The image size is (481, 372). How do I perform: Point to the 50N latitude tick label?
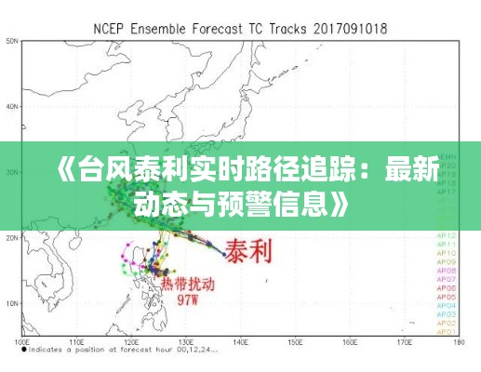[12, 41]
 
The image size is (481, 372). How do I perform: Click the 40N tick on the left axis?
[12, 106]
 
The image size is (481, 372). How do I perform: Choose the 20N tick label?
[12, 238]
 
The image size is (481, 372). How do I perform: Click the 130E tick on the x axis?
[187, 341]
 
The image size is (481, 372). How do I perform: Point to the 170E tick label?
[404, 341]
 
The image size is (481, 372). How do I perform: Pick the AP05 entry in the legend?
[448, 297]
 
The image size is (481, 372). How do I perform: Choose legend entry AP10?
[448, 253]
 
